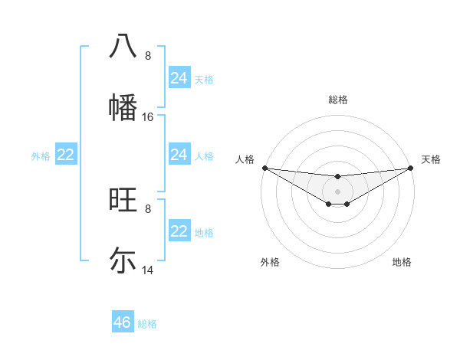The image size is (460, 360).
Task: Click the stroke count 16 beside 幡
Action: tap(148, 117)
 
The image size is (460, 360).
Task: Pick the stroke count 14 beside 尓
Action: tap(148, 270)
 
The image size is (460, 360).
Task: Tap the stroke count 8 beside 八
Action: tap(148, 56)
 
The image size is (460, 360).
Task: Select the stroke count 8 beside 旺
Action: tap(148, 208)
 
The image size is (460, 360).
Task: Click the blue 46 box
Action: tap(123, 322)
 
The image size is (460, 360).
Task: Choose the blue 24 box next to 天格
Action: tap(179, 78)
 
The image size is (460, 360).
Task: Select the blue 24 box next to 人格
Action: tap(179, 155)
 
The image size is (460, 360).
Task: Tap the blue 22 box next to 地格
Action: tap(179, 232)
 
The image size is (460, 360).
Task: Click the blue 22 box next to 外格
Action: tap(66, 155)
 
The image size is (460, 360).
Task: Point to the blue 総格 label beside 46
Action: tap(147, 324)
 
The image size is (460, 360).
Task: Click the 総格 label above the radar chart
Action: tap(338, 100)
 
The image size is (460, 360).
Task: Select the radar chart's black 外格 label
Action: tap(270, 262)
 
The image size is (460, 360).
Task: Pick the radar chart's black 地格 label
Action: tap(402, 262)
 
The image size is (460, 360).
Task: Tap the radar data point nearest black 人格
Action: tap(264, 168)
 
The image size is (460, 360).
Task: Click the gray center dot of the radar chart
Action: tap(338, 191)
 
